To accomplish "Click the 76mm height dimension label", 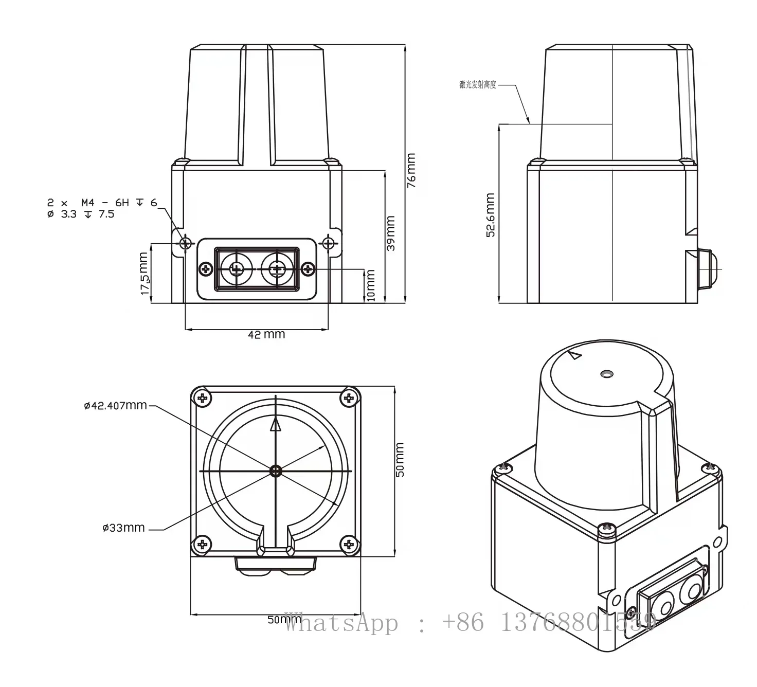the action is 411,170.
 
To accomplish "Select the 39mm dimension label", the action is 391,233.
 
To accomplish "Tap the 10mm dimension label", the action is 370,285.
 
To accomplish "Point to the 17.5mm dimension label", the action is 145,273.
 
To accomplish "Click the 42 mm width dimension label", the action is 266,335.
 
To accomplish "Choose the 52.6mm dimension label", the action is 491,215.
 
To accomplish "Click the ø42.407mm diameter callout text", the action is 115,406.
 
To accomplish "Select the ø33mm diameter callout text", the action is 123,528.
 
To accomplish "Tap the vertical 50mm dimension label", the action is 400,460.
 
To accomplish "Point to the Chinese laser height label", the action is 477,85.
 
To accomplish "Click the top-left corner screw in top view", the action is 203,397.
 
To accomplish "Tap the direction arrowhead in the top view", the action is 276,424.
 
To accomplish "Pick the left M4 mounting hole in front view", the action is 185,242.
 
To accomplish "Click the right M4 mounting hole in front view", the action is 328,242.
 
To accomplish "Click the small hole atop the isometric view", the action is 607,373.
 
